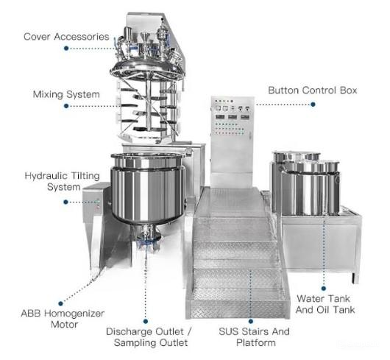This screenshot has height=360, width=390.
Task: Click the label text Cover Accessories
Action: tap(66, 37)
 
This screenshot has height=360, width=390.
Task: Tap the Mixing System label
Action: tap(66, 94)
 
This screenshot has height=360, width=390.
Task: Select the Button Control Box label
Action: tap(313, 90)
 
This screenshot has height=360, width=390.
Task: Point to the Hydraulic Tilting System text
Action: tap(63, 181)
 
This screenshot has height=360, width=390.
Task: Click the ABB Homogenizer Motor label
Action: tap(63, 319)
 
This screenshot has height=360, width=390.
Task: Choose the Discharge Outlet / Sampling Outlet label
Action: tap(149, 337)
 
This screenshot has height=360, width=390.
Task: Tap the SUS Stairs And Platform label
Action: tap(254, 337)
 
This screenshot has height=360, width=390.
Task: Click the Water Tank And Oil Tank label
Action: tap(325, 304)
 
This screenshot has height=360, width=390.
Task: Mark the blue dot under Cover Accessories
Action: tap(66, 48)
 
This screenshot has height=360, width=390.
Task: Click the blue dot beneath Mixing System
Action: tap(66, 106)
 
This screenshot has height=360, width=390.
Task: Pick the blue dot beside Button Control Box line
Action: tap(313, 105)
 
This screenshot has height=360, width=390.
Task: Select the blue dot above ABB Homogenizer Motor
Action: tap(60, 303)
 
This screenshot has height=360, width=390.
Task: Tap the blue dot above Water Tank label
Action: tap(324, 289)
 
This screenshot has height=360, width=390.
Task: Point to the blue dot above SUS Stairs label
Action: tap(251, 321)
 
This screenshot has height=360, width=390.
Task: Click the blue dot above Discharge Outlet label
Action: tap(146, 322)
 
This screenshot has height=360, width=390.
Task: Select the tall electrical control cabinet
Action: tap(232, 142)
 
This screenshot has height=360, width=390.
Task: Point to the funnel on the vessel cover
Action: tap(145, 38)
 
